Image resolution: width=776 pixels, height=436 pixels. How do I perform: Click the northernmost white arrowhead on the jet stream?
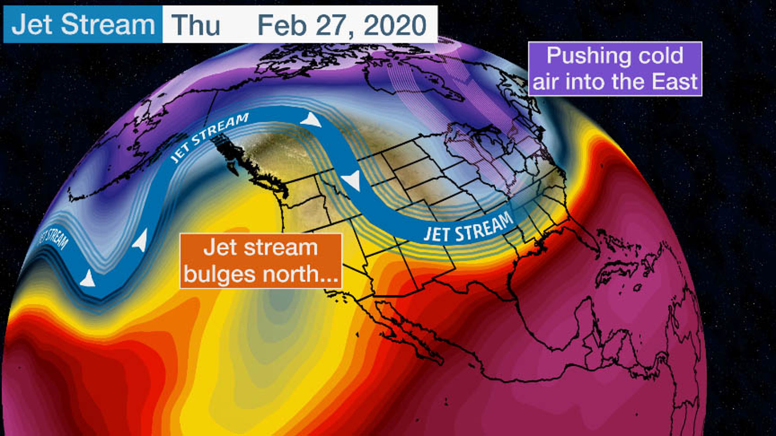(x=311, y=120)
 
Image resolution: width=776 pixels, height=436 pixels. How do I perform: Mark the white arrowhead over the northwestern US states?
(x=352, y=180)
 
